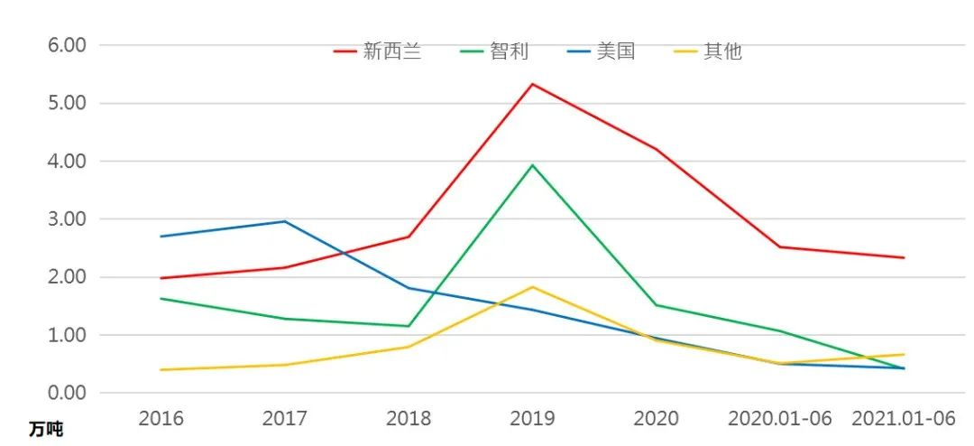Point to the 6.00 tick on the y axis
67,45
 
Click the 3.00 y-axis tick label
67,219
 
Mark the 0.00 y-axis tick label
67,393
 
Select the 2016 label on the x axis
161,419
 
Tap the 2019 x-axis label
533,419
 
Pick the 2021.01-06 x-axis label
904,419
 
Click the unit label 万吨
45,429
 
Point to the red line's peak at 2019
533,84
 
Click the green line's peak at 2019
533,165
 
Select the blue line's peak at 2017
285,221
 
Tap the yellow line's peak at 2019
533,287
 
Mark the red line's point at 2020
657,150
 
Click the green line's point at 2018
409,326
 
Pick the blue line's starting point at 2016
161,237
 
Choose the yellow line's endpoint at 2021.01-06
904,354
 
